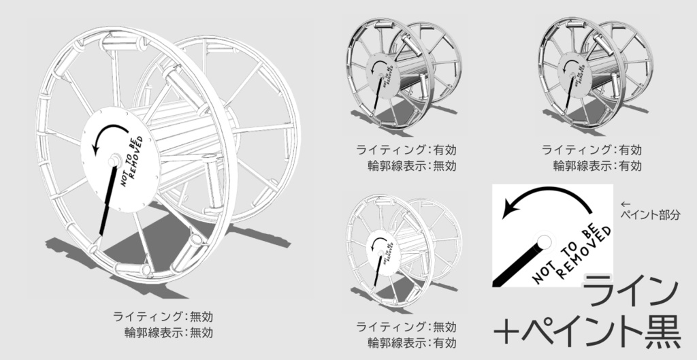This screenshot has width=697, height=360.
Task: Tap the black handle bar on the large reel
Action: click(x=107, y=198)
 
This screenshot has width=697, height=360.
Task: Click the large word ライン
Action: click(x=632, y=289)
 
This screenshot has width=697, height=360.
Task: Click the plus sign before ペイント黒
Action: click(x=507, y=331)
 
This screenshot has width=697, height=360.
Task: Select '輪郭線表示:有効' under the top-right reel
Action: click(x=598, y=164)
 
